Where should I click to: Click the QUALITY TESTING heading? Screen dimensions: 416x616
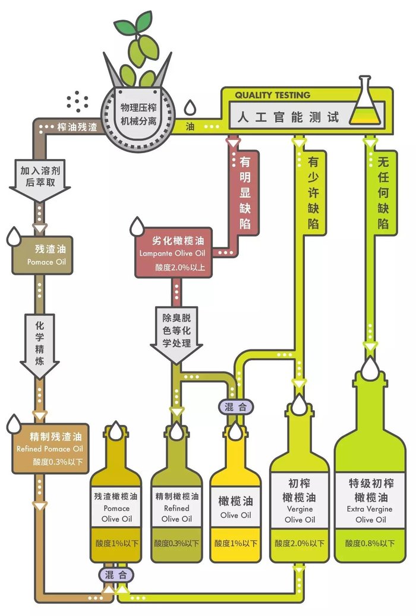[x=272, y=95]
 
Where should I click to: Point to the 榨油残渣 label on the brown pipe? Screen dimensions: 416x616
[x=77, y=127]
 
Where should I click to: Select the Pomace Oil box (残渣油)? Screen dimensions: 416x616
[x=43, y=255]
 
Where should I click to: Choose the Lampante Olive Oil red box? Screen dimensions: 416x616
[x=174, y=253]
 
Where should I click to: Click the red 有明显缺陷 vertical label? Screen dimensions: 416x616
[x=244, y=192]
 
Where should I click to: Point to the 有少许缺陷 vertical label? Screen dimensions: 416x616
[x=313, y=192]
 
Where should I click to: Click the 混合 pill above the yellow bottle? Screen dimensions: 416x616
[x=235, y=407]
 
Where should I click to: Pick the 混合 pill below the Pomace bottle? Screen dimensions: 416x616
[x=116, y=576]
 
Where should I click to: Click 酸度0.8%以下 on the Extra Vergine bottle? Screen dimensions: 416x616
[x=370, y=544]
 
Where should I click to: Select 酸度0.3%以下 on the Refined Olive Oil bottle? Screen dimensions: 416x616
[x=177, y=544]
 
